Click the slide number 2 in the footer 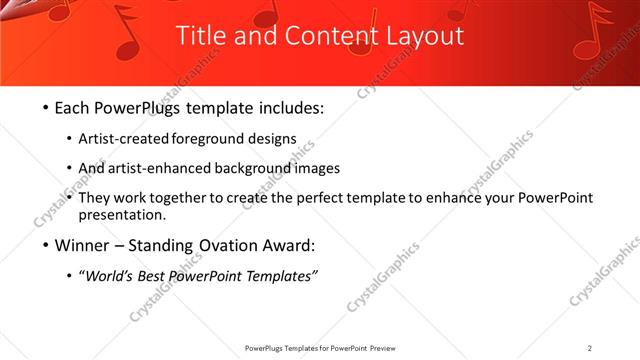point(589,348)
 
